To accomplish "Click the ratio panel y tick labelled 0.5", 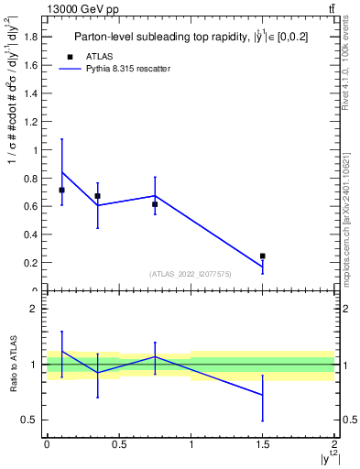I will (30, 420).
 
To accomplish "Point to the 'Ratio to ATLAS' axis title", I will (11, 364).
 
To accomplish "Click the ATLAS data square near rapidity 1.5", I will (263, 256).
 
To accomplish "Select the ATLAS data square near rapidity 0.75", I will (155, 204).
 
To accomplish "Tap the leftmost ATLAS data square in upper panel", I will (61, 190).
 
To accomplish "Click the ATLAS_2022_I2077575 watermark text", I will (191, 273).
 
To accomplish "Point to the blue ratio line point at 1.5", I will (263, 395).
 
